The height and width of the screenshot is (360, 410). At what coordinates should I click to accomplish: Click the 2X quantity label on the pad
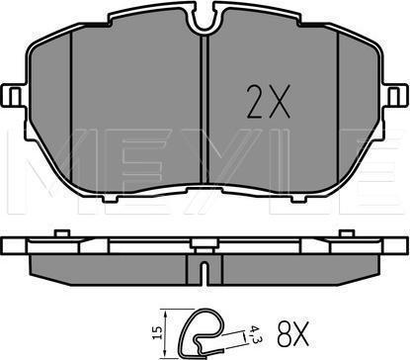[x=269, y=102]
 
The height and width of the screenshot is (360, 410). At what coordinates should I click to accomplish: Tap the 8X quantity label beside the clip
[x=292, y=334]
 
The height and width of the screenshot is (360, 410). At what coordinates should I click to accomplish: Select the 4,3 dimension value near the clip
[x=253, y=333]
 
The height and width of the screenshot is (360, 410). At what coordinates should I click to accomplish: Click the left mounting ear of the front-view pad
[x=14, y=96]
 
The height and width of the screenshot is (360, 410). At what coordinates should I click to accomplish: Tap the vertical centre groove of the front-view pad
[x=205, y=109]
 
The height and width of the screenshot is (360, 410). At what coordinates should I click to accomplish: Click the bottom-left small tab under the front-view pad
[x=109, y=198]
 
